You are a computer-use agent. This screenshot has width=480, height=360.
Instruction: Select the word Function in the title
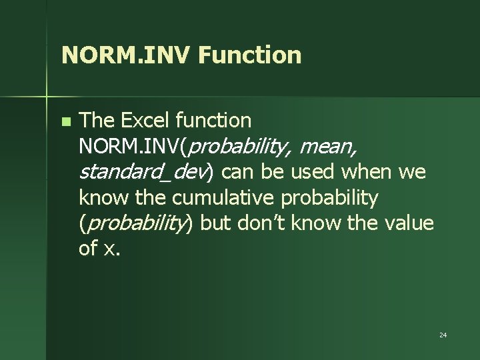(x=249, y=55)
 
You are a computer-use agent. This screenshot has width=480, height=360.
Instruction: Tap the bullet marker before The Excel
(x=65, y=122)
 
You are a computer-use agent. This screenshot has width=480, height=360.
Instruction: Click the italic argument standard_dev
(x=144, y=173)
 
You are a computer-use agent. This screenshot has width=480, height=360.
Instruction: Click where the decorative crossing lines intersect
(x=47, y=96)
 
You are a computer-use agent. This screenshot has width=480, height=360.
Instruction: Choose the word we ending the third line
(x=411, y=173)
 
